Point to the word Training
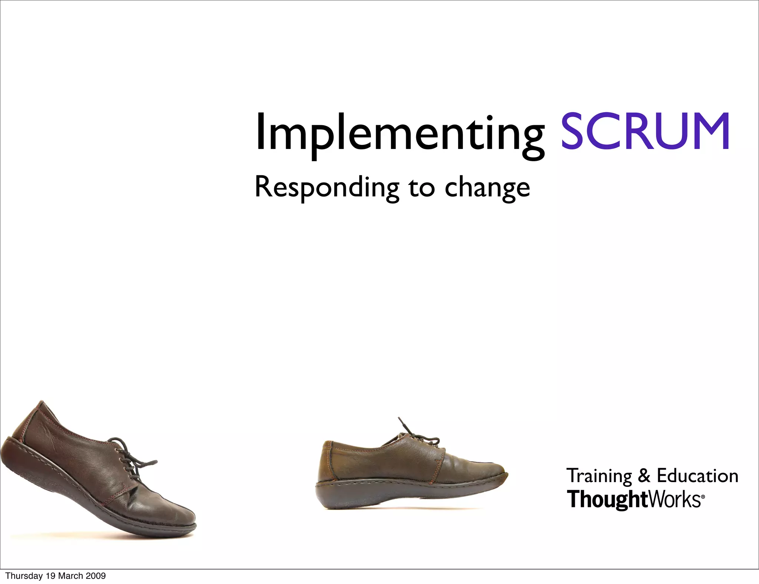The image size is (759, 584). (x=599, y=476)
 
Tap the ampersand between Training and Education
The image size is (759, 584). (x=644, y=475)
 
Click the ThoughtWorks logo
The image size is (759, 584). (x=634, y=500)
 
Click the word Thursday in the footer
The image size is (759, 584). (x=24, y=576)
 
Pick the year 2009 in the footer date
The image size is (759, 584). (x=96, y=576)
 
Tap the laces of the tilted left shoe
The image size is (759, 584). (x=130, y=458)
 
